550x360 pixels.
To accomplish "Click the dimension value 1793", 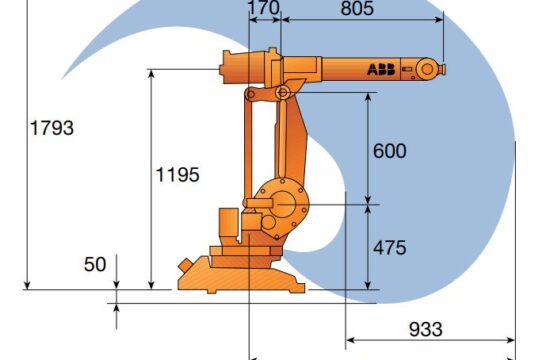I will [x=52, y=128].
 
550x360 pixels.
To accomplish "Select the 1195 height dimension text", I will [x=177, y=174].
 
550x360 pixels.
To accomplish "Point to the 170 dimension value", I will [x=263, y=9].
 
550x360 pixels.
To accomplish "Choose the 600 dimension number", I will [x=389, y=151].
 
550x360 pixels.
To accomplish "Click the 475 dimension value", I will [x=389, y=247].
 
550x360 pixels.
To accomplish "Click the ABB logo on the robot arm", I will [x=379, y=69].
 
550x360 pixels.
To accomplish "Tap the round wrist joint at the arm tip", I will [x=428, y=69].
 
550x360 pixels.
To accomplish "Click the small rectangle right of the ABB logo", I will [x=407, y=69].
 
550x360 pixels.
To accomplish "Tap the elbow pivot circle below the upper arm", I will [x=283, y=93].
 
